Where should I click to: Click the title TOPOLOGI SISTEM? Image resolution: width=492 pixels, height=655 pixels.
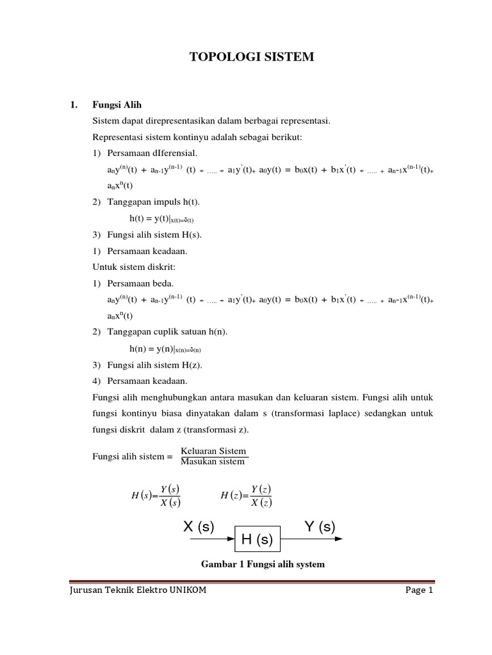252,58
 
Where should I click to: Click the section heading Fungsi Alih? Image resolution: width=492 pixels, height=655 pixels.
117,105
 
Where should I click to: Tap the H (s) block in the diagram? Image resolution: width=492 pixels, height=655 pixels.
256,540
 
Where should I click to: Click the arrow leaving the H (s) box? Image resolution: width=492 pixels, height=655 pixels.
312,539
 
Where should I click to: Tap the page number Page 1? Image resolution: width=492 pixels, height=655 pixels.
420,590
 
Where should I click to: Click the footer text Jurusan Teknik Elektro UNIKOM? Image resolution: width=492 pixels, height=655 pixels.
138,590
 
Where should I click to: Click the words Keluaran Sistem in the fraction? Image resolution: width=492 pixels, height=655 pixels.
213,451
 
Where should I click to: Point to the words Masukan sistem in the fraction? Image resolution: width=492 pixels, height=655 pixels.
213,461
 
